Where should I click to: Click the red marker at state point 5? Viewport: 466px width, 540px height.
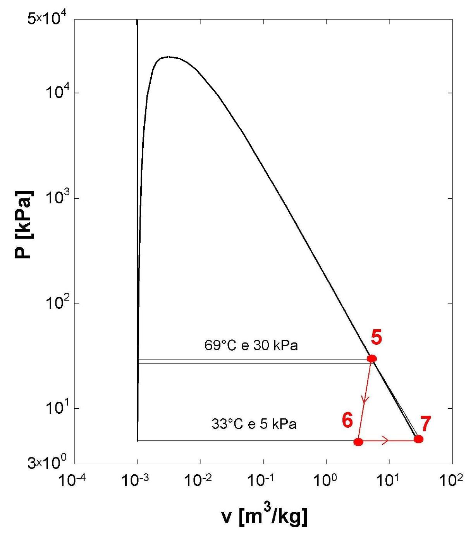372,358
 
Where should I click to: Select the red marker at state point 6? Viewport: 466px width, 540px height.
358,442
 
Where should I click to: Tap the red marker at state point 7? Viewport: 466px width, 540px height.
418,439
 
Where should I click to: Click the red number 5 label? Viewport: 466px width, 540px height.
376,338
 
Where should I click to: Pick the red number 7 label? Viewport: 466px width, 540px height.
425,424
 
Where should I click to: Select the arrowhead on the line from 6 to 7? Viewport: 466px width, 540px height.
385,440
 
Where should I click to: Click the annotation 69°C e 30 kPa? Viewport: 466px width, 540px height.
251,345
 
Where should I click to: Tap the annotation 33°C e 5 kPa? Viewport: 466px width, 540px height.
254,424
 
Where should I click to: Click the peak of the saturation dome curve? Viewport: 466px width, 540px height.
168,57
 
